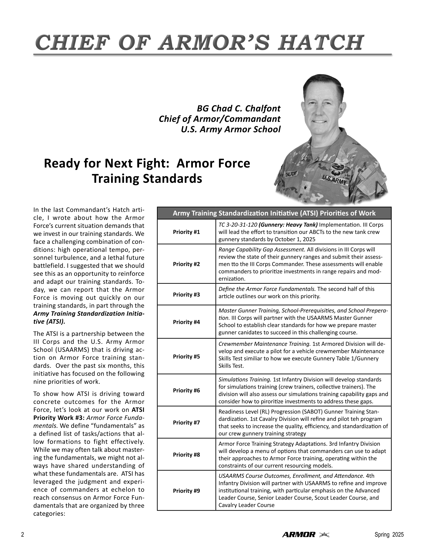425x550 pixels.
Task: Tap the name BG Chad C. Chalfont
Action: pos(238,109)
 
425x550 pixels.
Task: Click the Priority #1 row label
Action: pos(186,232)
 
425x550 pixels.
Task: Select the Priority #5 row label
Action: pos(186,356)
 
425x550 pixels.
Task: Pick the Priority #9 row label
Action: pos(186,491)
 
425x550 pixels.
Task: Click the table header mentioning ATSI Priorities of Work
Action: pos(274,213)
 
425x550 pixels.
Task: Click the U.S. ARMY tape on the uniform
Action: pos(335,181)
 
